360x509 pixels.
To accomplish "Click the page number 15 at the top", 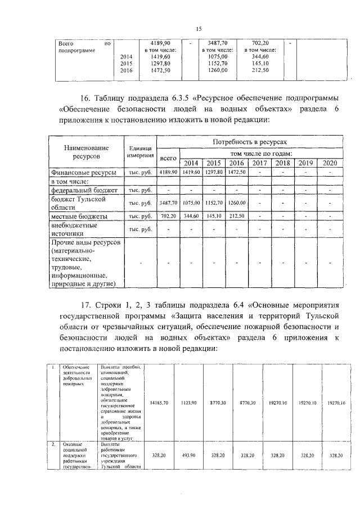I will coord(198,29).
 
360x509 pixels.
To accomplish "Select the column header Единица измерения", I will coord(139,151).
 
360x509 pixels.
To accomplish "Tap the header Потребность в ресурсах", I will coord(250,143).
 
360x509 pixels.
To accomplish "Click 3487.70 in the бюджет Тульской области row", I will coord(168,202).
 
